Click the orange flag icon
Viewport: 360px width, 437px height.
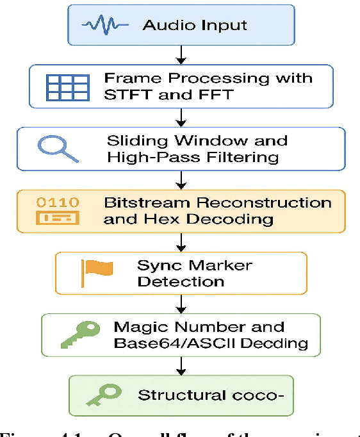(x=96, y=273)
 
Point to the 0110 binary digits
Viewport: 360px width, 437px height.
(x=58, y=202)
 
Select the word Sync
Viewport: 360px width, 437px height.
(x=159, y=265)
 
